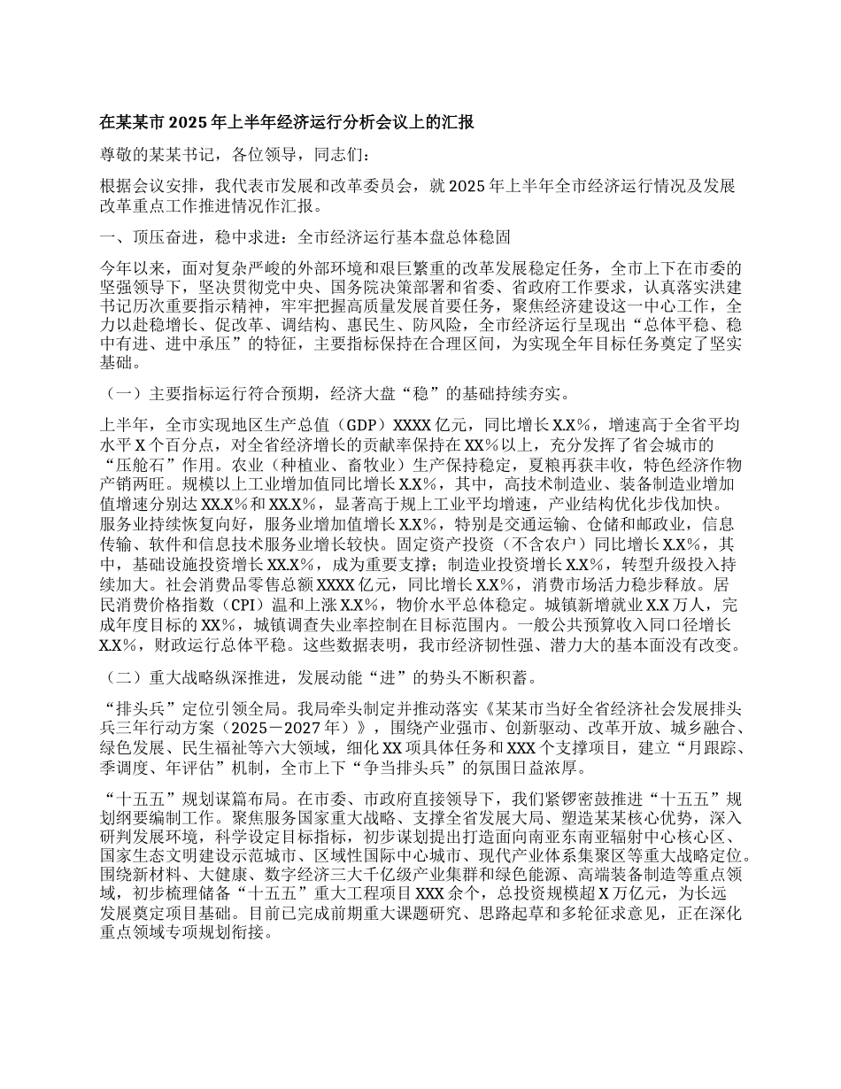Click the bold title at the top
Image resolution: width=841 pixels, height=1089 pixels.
[286, 122]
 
